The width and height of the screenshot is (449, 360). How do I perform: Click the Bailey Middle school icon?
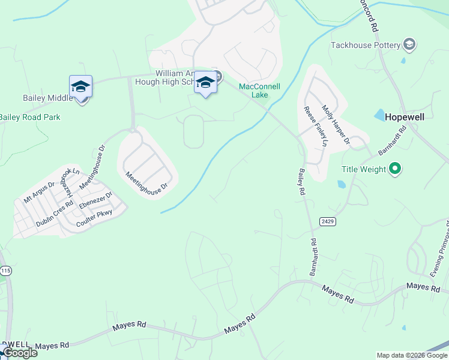(80, 87)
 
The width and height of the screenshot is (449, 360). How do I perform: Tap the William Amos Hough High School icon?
(205, 83)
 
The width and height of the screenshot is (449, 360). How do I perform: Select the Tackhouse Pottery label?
(366, 45)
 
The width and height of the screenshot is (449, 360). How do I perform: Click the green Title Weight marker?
(395, 169)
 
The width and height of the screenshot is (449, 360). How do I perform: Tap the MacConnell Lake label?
(259, 91)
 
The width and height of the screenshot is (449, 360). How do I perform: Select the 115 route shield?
(5, 271)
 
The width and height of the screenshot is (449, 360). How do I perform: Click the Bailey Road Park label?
(30, 118)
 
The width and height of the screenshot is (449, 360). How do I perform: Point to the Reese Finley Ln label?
(316, 127)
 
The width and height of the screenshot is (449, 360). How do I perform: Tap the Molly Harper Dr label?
(336, 125)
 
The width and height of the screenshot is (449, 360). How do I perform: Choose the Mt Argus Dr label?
(39, 191)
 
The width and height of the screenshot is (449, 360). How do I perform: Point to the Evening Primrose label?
(440, 249)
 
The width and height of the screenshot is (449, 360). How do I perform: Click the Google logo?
(20, 353)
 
